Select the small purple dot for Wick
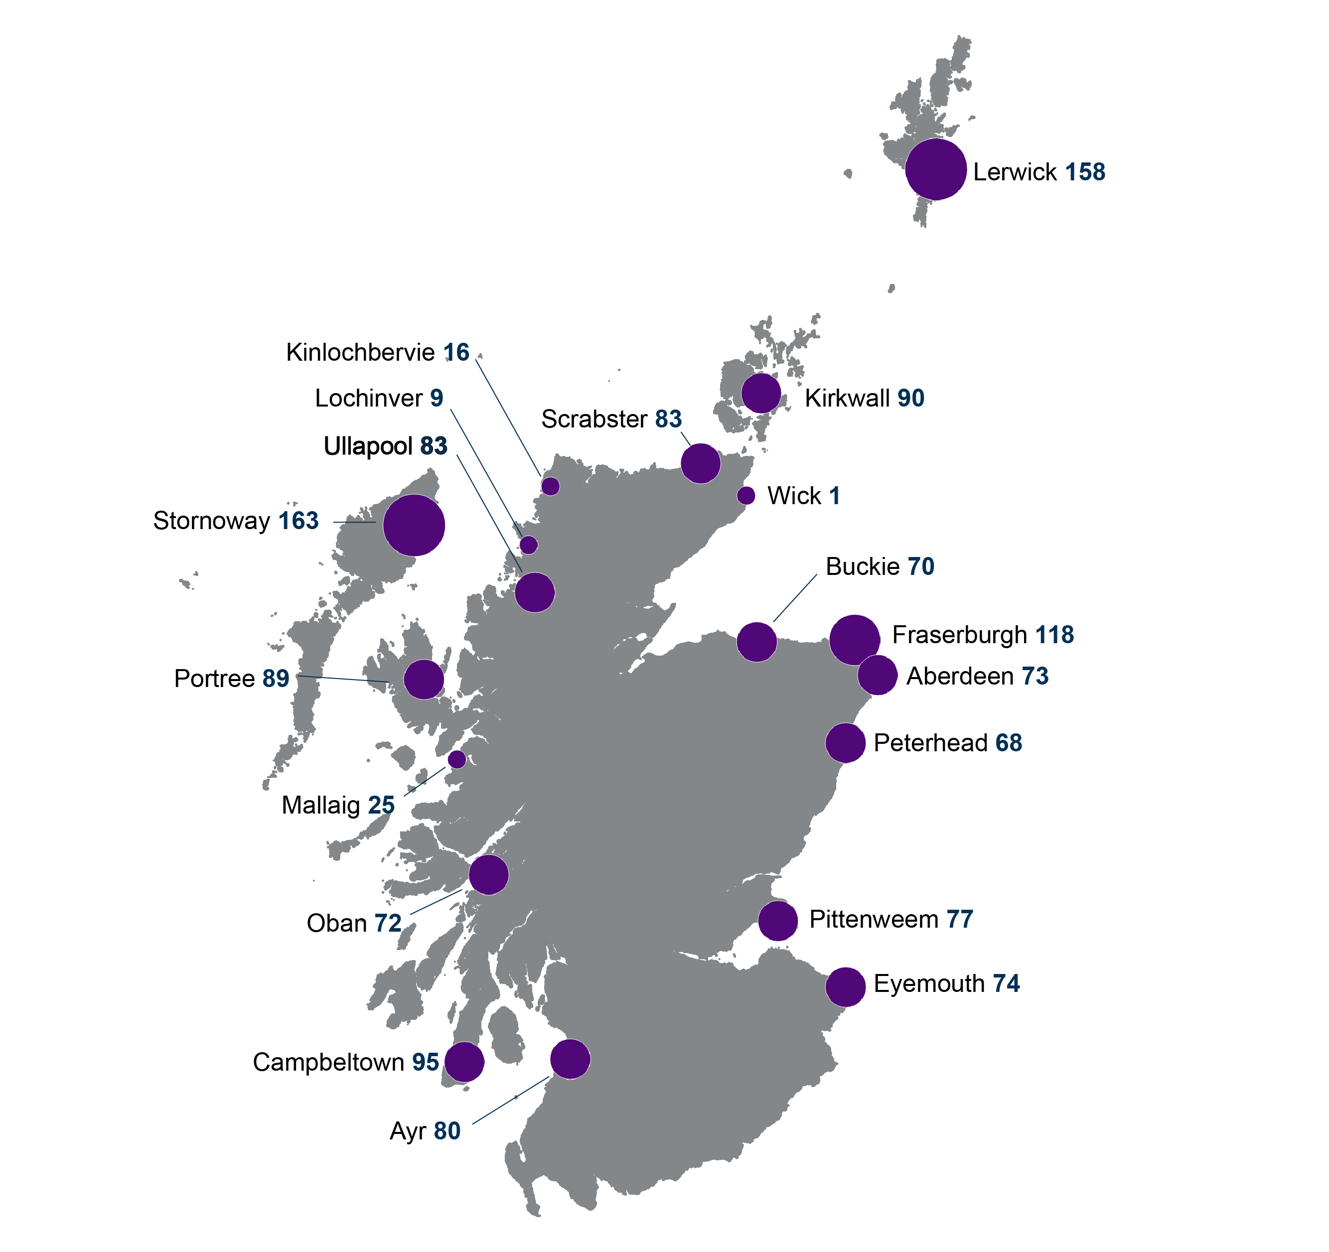[x=746, y=495]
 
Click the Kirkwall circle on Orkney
[x=761, y=393]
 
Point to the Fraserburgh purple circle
[x=854, y=640]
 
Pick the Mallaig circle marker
[x=456, y=759]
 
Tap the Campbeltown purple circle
[x=464, y=1062]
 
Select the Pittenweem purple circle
[x=777, y=921]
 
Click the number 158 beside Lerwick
[x=1085, y=172]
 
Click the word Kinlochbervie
[x=360, y=352]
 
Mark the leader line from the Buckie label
[x=795, y=598]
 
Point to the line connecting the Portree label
[x=342, y=679]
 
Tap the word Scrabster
[x=593, y=419]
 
